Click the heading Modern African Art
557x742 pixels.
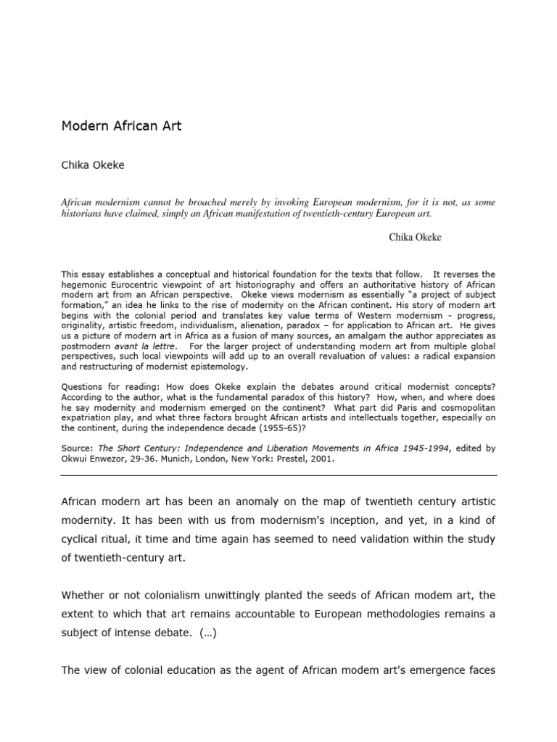point(121,126)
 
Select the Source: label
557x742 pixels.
point(77,449)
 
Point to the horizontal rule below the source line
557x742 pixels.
point(278,475)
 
